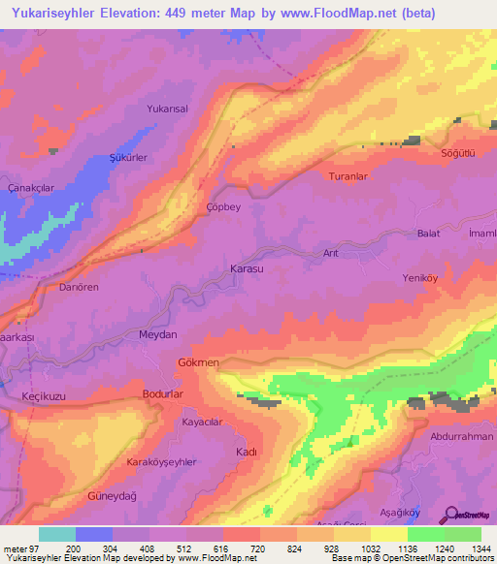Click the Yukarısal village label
tap(167, 110)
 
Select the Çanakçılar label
tap(29, 186)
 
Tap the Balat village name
tap(428, 234)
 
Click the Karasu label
tap(246, 266)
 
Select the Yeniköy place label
tap(421, 278)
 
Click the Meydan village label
tap(159, 334)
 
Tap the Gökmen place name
tap(199, 361)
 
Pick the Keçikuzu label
tap(43, 397)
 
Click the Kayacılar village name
tap(203, 423)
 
